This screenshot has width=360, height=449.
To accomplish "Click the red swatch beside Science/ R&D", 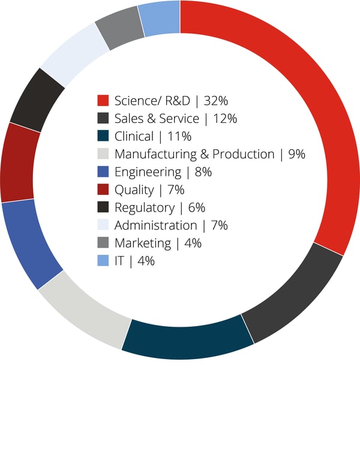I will (103, 100).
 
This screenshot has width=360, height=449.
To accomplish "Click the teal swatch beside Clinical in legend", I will (103, 136).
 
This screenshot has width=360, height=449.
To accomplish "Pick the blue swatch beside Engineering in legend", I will (103, 172).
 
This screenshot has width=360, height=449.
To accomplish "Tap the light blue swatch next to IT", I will (103, 261).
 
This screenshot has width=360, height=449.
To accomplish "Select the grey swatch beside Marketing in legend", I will (103, 243).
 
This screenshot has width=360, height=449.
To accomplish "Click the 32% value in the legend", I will (217, 100).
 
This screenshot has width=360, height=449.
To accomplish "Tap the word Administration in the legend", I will (155, 225).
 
